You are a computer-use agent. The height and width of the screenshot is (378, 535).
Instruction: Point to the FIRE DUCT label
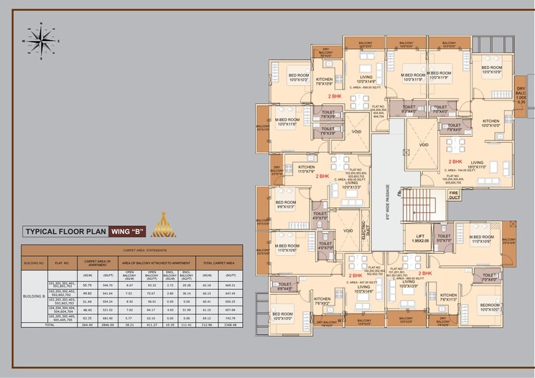(454, 194)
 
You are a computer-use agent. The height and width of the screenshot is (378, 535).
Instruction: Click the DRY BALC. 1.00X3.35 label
(521, 96)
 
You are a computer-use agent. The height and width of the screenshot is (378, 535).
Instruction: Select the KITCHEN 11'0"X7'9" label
(307, 169)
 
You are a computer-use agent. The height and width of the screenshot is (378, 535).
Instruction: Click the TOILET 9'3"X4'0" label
(409, 110)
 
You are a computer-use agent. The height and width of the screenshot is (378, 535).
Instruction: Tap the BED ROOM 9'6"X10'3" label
(286, 205)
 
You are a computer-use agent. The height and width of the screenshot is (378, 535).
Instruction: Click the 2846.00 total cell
(109, 323)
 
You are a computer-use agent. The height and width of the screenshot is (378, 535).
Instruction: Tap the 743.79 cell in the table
(229, 318)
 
